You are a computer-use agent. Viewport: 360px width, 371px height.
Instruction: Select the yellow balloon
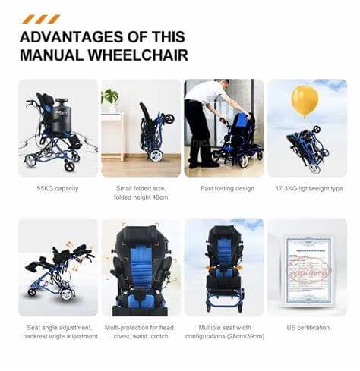point(305,100)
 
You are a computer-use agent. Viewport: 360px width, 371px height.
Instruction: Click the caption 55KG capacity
point(58,188)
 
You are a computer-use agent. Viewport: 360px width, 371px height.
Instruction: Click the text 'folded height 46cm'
point(141,197)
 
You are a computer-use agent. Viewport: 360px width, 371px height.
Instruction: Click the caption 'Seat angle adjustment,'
point(58,328)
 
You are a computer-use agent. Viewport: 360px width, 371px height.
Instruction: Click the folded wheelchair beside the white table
point(153,133)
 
